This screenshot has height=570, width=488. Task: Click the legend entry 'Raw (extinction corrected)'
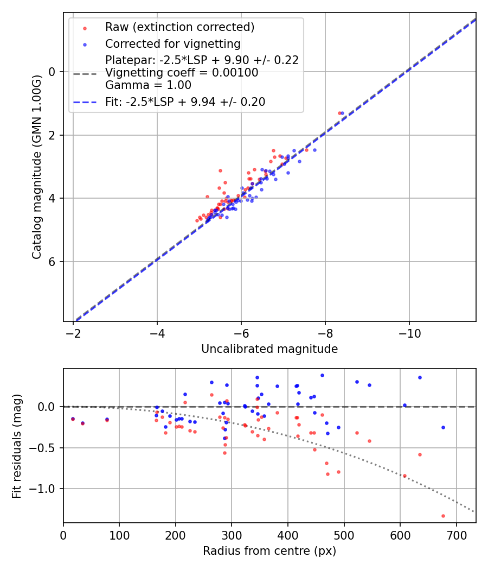(x=179, y=27)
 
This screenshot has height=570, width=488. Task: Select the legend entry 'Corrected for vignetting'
(x=172, y=43)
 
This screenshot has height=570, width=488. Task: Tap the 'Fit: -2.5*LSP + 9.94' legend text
(x=185, y=102)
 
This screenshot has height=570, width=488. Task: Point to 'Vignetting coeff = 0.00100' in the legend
(x=182, y=73)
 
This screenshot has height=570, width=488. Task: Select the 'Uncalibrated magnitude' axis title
(x=269, y=349)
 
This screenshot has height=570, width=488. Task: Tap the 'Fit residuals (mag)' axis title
(x=17, y=445)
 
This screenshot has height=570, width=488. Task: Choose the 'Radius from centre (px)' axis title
(x=269, y=551)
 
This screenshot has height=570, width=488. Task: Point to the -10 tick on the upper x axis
(x=409, y=331)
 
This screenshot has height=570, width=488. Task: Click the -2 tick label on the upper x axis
(x=73, y=331)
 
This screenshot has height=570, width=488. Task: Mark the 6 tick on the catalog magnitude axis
(x=53, y=262)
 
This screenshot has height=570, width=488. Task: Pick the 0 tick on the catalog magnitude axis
(x=53, y=72)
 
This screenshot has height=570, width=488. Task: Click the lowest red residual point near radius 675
(x=443, y=516)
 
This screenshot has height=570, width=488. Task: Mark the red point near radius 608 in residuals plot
(x=404, y=476)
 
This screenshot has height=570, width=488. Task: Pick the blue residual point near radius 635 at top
(x=420, y=377)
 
